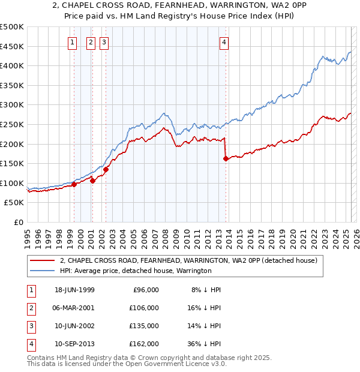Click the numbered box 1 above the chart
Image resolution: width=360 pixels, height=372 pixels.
click(72, 42)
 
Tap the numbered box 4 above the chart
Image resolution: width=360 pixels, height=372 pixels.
click(224, 42)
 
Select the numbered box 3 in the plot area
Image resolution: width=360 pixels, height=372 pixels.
click(104, 42)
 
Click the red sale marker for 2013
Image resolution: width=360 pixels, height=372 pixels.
click(226, 159)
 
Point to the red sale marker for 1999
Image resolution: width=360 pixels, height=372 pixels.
click(74, 185)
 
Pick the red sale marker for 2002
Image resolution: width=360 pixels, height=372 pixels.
click(106, 169)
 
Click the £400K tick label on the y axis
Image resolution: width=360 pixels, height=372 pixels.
click(12, 65)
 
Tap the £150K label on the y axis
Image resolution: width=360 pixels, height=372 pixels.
click(12, 163)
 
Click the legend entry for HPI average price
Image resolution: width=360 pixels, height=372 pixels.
click(136, 271)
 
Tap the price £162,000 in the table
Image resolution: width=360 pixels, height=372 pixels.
click(143, 344)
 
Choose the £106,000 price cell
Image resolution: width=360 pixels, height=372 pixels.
click(143, 308)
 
